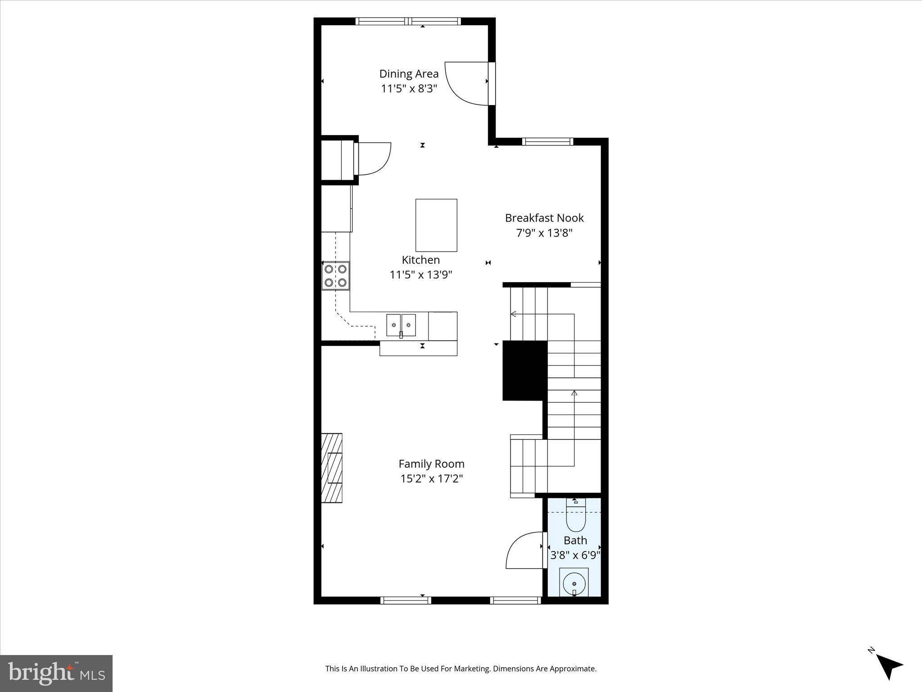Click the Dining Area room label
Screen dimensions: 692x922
[x=409, y=74]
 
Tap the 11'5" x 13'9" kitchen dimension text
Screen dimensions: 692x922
[x=421, y=274]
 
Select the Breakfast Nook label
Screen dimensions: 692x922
[x=544, y=218]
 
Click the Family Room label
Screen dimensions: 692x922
[x=431, y=464]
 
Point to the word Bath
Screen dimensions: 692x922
[x=575, y=540]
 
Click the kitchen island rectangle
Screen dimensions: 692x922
[x=436, y=225]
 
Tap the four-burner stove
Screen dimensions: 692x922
[x=335, y=276]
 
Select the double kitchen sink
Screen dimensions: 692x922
[x=401, y=325]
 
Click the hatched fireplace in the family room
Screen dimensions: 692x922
[x=332, y=468]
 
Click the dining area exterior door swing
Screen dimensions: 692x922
[x=466, y=83]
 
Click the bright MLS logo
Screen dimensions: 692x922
[x=56, y=673]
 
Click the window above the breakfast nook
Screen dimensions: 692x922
[x=547, y=141]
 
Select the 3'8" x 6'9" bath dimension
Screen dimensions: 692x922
[x=575, y=555]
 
